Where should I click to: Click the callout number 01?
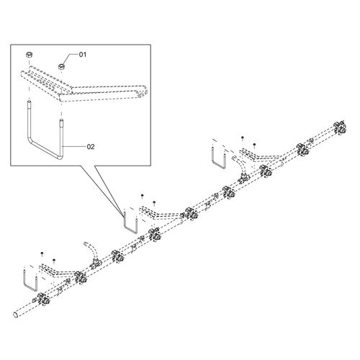pos(83,55)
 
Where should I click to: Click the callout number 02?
pos(91,147)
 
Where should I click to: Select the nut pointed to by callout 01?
pos(62,66)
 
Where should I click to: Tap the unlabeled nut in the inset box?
pos(30,55)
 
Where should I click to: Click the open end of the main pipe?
pos(15,315)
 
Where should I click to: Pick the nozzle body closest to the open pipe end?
pos(42,299)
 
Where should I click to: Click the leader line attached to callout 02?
pos(74,146)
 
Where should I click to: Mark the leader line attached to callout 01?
pos(71,57)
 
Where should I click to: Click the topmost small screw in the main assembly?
pos(243,138)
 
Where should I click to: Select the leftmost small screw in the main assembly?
pos(42,253)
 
